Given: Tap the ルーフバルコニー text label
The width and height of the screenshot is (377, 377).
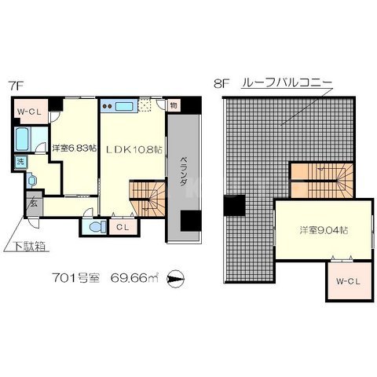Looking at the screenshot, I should [288, 82].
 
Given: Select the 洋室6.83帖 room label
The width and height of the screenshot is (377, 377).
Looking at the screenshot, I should [75, 148].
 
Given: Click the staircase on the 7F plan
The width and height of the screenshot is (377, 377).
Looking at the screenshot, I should [145, 199].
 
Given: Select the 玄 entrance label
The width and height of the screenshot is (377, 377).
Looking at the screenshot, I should [35, 202].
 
